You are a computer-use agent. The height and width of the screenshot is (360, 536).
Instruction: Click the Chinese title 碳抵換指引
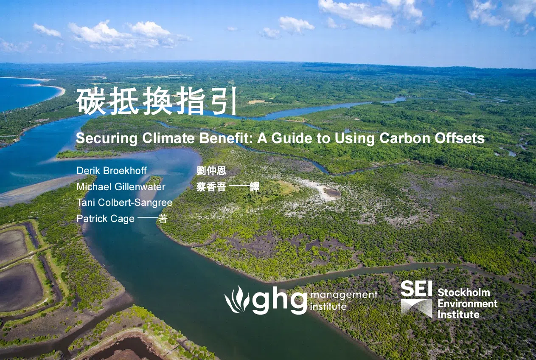point(156,101)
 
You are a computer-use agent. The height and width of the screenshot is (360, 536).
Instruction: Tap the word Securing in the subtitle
point(107,138)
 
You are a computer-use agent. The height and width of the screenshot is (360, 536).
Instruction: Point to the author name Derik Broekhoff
point(112,171)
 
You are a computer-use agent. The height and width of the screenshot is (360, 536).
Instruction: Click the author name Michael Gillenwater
point(121,187)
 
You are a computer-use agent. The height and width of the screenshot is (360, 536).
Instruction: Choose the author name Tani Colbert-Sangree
point(124,202)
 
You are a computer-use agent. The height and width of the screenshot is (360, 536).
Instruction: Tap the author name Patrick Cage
point(106,219)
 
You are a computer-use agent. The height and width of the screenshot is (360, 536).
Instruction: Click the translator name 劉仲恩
point(211,171)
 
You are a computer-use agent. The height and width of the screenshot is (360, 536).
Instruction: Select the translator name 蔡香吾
point(211,187)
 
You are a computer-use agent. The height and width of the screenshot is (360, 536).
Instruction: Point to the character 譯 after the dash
point(255,187)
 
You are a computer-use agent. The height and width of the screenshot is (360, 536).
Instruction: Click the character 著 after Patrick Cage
point(163,219)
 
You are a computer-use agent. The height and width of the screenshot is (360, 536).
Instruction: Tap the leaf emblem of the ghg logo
point(237,299)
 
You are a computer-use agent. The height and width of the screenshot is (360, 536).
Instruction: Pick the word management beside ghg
point(344,295)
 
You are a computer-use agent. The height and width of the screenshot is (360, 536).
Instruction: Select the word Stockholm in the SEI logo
point(464,292)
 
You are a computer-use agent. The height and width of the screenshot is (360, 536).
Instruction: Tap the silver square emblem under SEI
point(417,309)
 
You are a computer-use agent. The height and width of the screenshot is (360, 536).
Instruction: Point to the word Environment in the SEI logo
point(468,304)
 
